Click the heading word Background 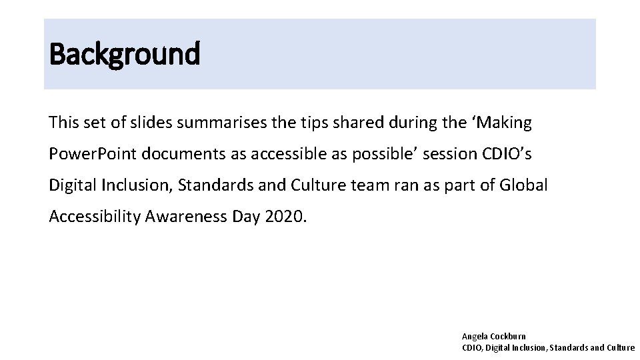coord(124,54)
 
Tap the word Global coord(525,185)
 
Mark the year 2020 coord(285,217)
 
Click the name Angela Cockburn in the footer coord(493,337)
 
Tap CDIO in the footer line coord(472,347)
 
